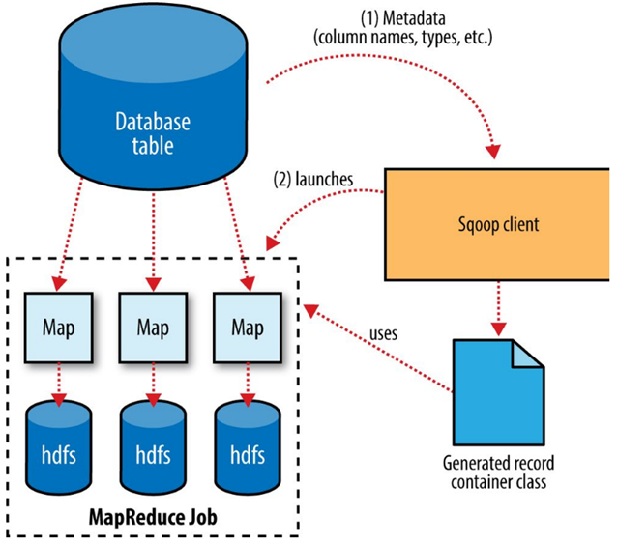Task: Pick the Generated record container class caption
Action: [496, 472]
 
